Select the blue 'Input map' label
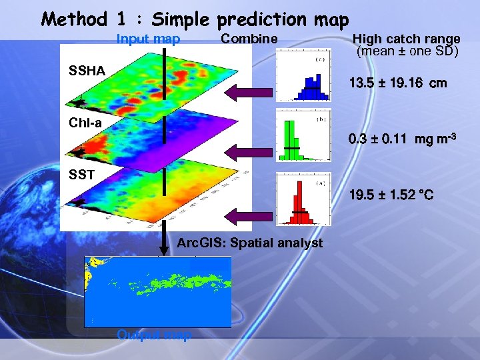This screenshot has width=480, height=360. (148, 39)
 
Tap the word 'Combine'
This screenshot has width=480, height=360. (249, 39)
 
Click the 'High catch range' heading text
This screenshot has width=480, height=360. (406, 39)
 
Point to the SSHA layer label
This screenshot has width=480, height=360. (87, 70)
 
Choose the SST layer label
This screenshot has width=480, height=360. (82, 174)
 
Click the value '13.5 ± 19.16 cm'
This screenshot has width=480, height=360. (398, 84)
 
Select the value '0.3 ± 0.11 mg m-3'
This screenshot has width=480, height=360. (402, 140)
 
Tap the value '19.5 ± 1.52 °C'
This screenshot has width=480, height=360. (391, 195)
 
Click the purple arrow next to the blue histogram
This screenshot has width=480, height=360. (250, 93)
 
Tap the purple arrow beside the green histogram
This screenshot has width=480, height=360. (250, 154)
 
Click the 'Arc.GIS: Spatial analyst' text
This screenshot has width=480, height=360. (249, 243)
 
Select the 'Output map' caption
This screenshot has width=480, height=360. (153, 335)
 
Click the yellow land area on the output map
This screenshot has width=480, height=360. (90, 273)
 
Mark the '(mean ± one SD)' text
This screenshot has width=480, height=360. (407, 51)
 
